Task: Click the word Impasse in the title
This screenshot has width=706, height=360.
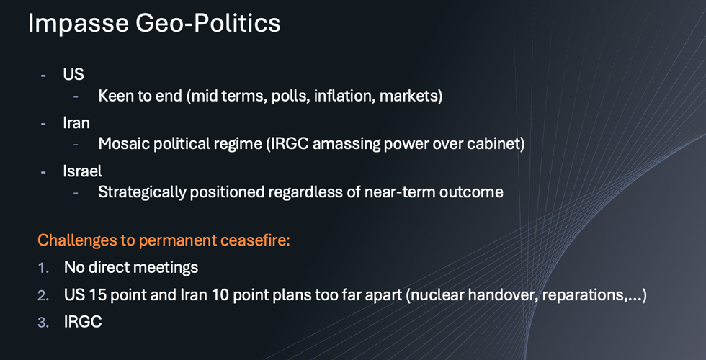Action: [x=79, y=23]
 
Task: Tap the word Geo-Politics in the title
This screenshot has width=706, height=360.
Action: [x=208, y=23]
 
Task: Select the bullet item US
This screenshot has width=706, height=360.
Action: [x=73, y=74]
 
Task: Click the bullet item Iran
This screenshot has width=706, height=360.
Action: [x=76, y=123]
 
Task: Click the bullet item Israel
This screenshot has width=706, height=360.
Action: [x=82, y=171]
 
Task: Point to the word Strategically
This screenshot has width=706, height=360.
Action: [x=142, y=193]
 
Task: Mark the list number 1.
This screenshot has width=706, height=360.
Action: [x=43, y=268]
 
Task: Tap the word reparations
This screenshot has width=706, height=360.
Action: [x=586, y=296]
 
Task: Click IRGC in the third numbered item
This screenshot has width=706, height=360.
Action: [x=83, y=323]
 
